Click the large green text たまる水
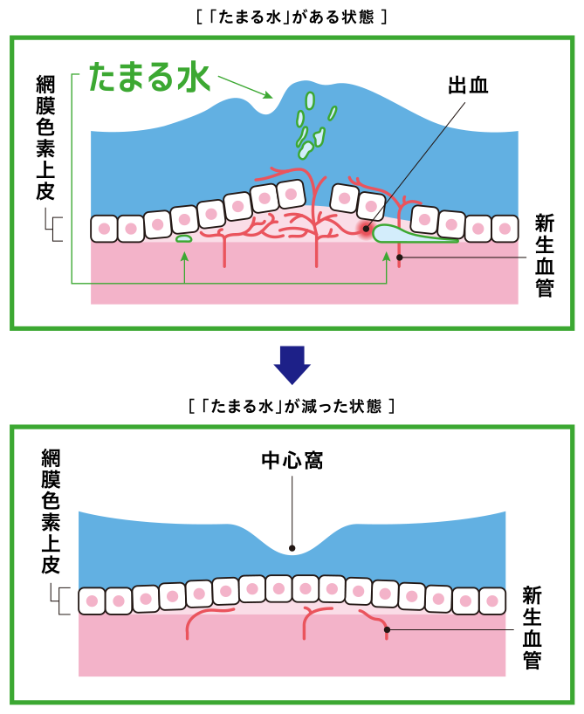[150, 77]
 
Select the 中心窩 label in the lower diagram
[292, 461]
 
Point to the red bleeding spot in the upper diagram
[365, 231]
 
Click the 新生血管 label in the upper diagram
[545, 257]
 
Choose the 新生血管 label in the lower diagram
[532, 628]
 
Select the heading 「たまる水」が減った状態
[292, 406]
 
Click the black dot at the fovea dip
[292, 549]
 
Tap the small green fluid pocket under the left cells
[183, 238]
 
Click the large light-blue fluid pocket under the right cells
[410, 234]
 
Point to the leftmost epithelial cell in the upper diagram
[105, 229]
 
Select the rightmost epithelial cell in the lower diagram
[492, 601]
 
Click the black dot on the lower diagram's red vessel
[386, 628]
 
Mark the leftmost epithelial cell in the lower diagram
[92, 601]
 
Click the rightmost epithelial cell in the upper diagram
[505, 229]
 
